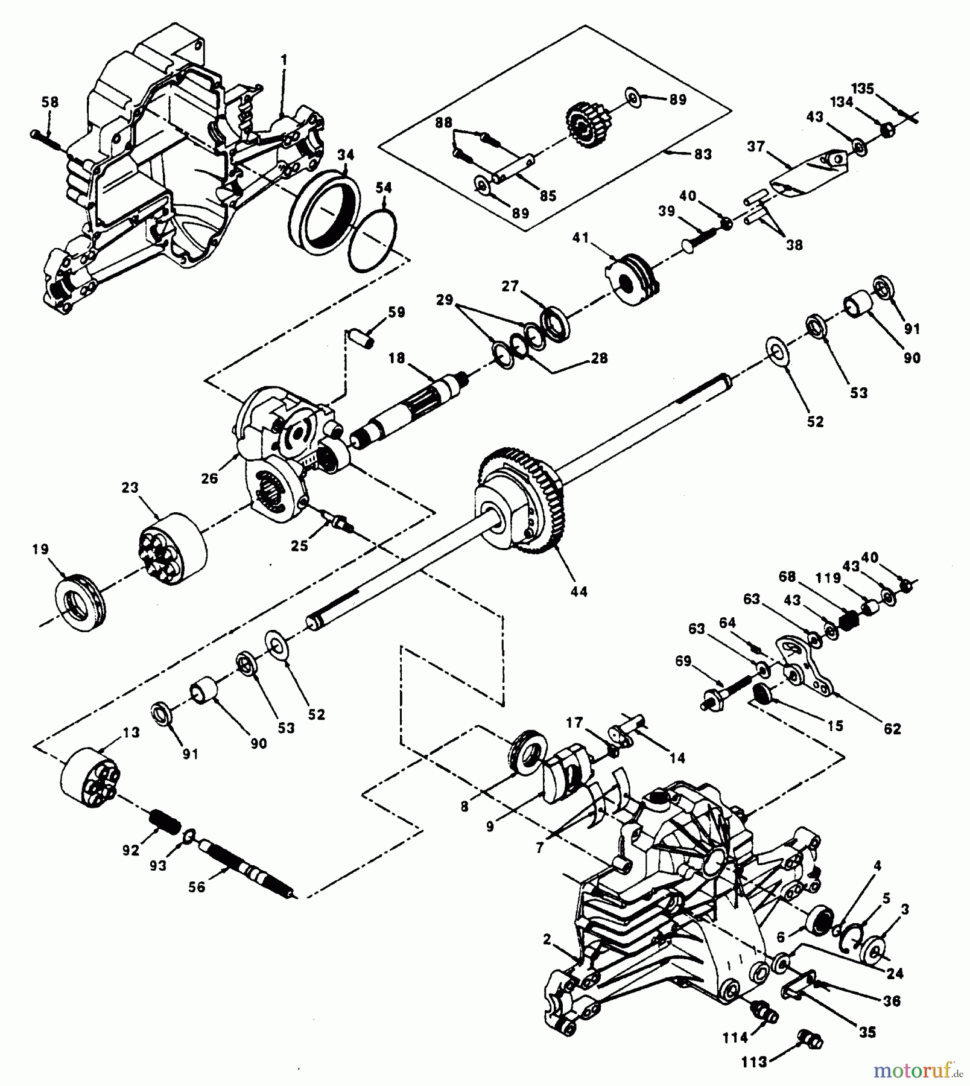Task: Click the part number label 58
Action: (x=50, y=102)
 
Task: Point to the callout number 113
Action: (x=754, y=1062)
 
